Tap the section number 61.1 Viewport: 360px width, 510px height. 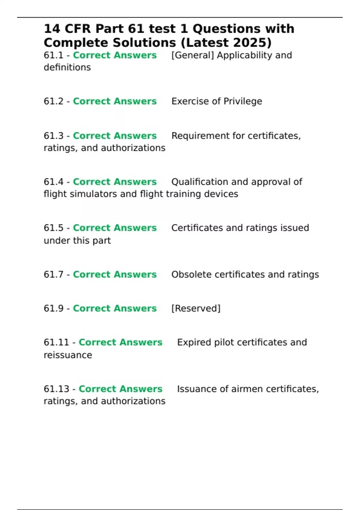(x=53, y=55)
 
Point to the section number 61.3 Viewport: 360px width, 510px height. (x=53, y=136)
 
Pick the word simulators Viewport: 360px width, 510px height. (x=93, y=194)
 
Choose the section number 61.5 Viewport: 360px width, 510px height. (x=53, y=228)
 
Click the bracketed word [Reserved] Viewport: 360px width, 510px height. (x=196, y=308)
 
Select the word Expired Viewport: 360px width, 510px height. (x=194, y=343)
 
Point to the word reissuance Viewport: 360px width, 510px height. (x=68, y=355)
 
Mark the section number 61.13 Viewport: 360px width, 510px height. (x=56, y=389)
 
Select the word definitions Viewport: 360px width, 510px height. (x=67, y=67)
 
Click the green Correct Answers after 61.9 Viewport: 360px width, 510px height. (x=115, y=308)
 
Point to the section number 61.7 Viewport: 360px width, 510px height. (x=53, y=274)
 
